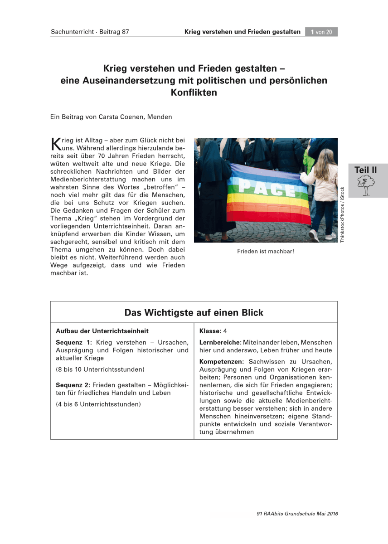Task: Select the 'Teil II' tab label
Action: [365, 170]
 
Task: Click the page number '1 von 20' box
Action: [321, 32]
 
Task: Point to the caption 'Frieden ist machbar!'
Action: [266, 251]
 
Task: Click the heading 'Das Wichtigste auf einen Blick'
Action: [194, 313]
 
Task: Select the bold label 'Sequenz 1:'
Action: [74, 342]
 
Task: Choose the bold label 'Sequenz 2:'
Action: [74, 384]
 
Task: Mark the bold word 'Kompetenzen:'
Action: [222, 362]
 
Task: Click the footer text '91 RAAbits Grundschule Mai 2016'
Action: [297, 514]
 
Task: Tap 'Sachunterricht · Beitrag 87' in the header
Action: [90, 32]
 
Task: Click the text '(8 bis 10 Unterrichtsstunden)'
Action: [100, 369]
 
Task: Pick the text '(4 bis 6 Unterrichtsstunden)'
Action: [98, 404]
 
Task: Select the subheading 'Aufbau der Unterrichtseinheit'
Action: [102, 331]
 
